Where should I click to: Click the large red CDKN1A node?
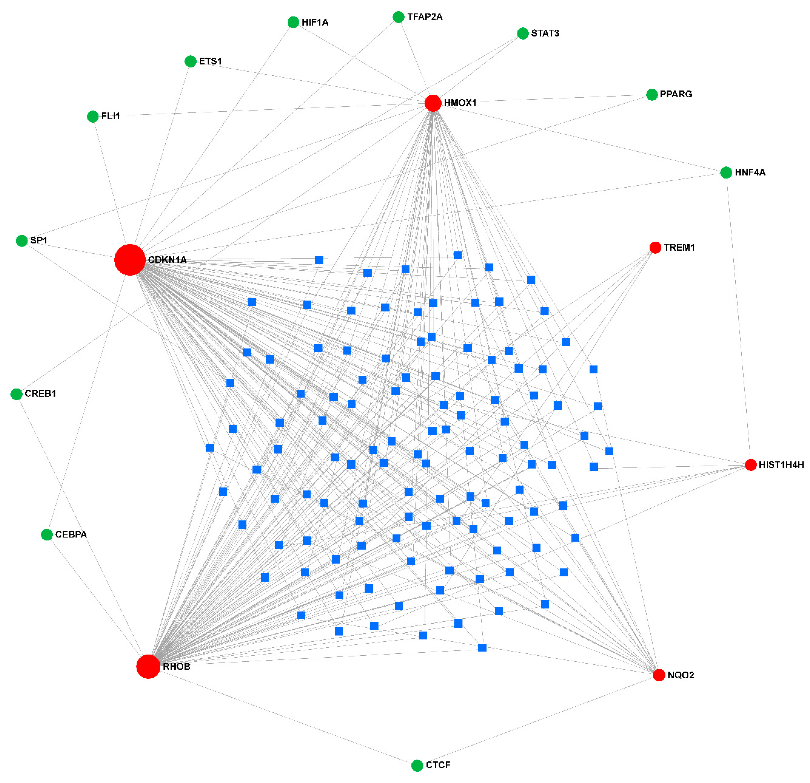coord(130,260)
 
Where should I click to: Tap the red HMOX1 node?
coord(433,103)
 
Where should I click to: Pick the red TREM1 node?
coord(655,248)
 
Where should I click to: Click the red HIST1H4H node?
coord(750,465)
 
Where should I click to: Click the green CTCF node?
coord(417,766)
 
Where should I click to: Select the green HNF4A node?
coord(726,172)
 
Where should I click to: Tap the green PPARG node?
coord(652,95)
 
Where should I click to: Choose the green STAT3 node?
coord(523,34)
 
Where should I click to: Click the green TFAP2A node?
coord(398,17)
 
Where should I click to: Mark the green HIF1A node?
coord(293,22)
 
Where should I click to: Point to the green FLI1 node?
coord(92,116)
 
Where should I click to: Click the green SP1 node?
coord(22,241)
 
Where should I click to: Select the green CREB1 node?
coord(16,394)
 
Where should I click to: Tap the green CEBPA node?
coord(47,534)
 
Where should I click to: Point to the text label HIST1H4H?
coord(781,465)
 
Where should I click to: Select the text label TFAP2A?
coord(425,17)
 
